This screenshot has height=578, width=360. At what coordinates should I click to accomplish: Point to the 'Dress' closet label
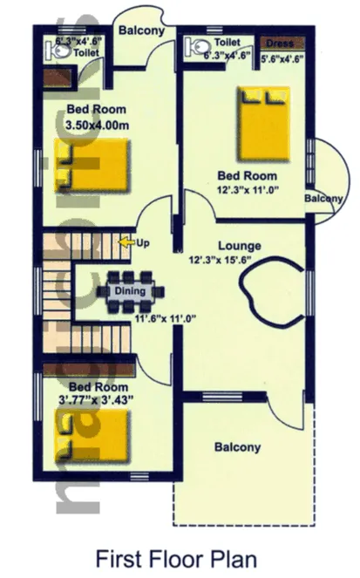coord(280,42)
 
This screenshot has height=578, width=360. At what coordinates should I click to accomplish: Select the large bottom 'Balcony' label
coord(237,447)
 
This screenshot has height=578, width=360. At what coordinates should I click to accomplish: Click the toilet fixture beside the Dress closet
coord(196,48)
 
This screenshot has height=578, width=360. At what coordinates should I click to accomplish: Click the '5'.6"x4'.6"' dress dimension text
coord(281,59)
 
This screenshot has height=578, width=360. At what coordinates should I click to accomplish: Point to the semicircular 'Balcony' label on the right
coord(323,199)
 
